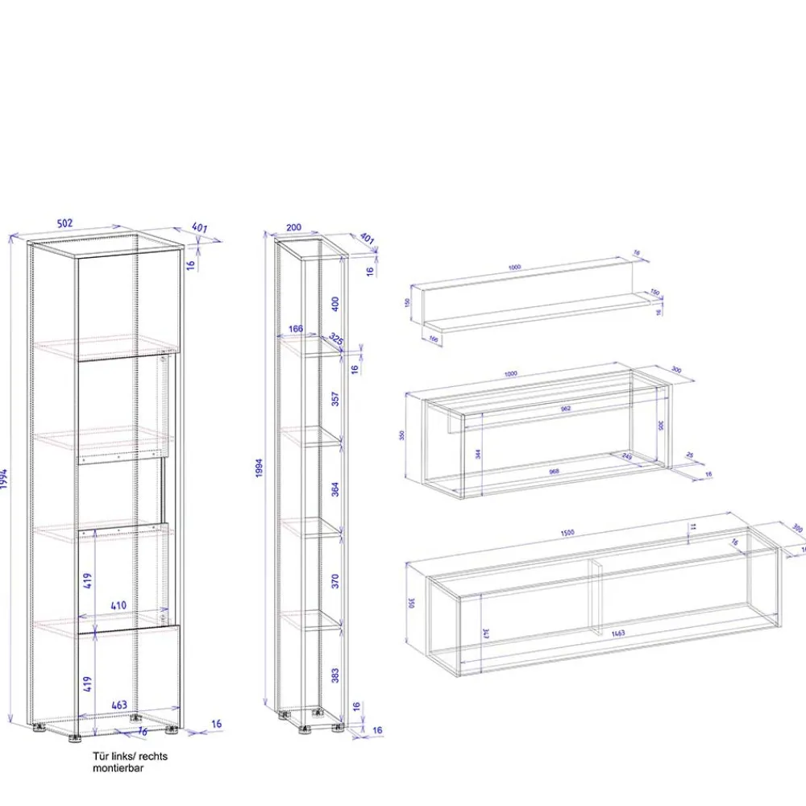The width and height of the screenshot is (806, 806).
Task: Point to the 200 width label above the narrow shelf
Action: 293,227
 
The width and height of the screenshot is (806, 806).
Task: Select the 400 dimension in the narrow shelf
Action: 335,304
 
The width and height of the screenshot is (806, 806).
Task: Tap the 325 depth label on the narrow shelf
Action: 336,340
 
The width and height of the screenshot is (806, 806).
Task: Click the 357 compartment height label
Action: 335,399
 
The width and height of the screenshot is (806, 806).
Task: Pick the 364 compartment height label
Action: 335,489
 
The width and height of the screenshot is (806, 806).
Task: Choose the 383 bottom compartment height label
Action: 335,673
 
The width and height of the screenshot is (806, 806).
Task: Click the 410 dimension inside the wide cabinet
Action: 119,604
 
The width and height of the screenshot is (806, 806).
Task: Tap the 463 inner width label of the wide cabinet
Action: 119,705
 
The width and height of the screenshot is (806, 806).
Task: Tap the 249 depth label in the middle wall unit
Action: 627,457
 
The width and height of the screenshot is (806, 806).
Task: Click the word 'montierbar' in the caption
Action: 118,769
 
